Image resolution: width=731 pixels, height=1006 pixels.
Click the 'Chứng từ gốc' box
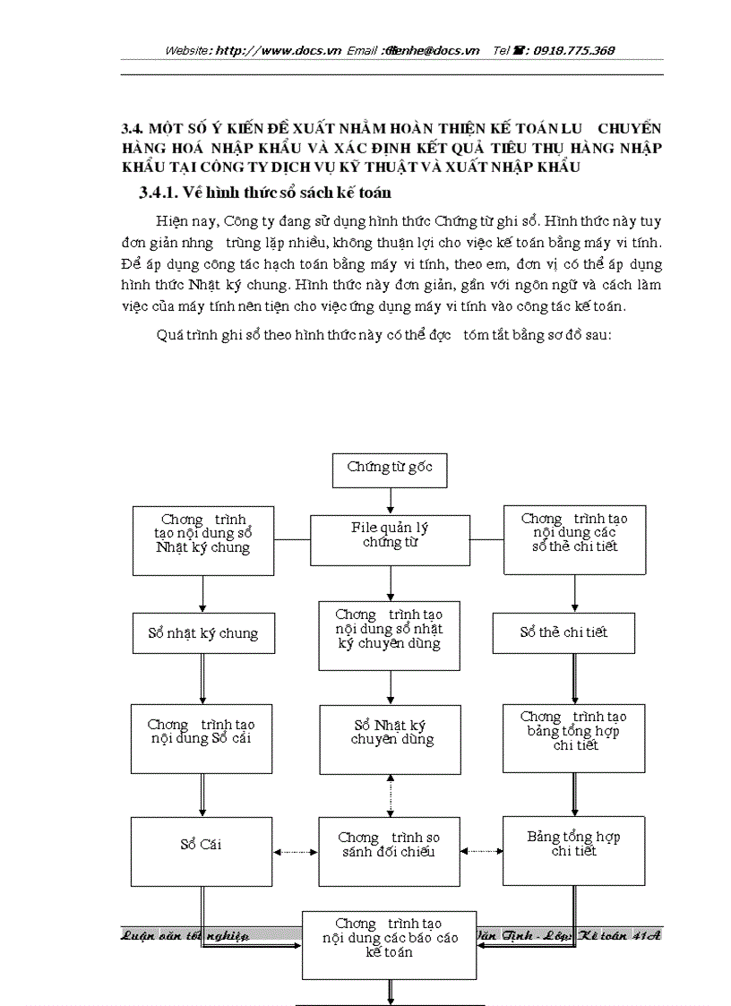[390, 469]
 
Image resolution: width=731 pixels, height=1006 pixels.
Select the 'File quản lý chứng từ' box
[390, 539]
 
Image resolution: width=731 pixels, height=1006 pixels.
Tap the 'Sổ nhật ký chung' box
[202, 633]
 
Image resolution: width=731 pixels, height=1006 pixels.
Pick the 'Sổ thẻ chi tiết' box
[563, 632]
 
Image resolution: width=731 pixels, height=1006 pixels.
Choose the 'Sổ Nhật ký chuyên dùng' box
[391, 739]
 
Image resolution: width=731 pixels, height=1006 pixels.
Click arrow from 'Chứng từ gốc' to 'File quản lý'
[391, 501]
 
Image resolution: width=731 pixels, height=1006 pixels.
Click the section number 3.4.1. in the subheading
[166, 193]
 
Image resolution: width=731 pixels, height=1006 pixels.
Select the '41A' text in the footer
[646, 934]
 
